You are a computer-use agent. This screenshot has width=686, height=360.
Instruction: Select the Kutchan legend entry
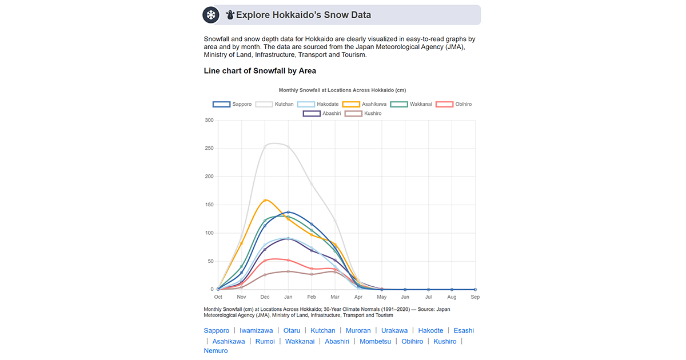(x=275, y=105)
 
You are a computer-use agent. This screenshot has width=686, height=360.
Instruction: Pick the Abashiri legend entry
(x=322, y=114)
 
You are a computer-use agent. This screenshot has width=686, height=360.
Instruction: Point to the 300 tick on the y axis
(x=209, y=121)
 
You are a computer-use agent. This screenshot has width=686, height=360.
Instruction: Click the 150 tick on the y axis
(x=209, y=205)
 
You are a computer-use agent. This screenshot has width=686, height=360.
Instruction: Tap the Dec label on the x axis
(x=265, y=297)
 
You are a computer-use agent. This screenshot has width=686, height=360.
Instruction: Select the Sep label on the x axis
(x=475, y=297)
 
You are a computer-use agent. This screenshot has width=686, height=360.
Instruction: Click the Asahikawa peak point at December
(x=265, y=200)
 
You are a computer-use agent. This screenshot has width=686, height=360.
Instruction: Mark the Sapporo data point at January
(x=288, y=213)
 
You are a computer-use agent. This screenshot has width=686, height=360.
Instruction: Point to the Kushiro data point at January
(x=288, y=271)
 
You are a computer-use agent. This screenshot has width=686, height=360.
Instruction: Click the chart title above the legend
(x=342, y=90)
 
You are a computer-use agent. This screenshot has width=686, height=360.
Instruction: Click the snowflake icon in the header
(x=211, y=15)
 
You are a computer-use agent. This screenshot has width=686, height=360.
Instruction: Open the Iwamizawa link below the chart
(x=256, y=331)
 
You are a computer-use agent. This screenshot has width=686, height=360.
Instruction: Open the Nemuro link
(x=216, y=351)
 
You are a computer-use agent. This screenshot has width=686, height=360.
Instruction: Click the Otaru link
(x=292, y=331)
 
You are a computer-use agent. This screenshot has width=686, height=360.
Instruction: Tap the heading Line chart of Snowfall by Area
(x=260, y=71)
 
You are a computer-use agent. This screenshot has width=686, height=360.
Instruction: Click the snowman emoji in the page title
(x=230, y=15)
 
